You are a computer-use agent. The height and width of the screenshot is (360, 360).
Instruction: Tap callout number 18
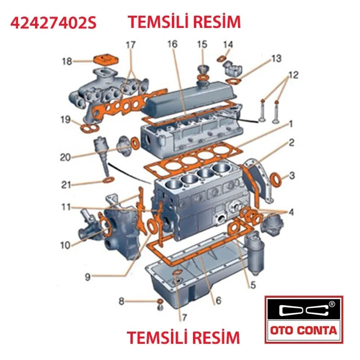[x=67, y=61]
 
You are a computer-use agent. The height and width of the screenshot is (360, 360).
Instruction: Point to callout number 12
[x=293, y=75]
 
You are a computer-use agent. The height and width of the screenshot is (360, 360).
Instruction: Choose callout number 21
[x=66, y=184]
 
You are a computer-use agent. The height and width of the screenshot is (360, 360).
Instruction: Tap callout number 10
[x=66, y=245]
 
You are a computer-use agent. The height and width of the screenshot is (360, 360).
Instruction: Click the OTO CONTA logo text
[x=304, y=331]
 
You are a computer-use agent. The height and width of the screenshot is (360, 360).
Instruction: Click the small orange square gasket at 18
[x=104, y=60]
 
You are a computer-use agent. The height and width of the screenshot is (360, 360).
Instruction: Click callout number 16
[x=172, y=44]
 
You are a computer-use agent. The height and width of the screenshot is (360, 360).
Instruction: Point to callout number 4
[x=291, y=211]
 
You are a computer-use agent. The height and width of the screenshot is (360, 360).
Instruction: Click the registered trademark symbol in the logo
[x=332, y=304]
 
